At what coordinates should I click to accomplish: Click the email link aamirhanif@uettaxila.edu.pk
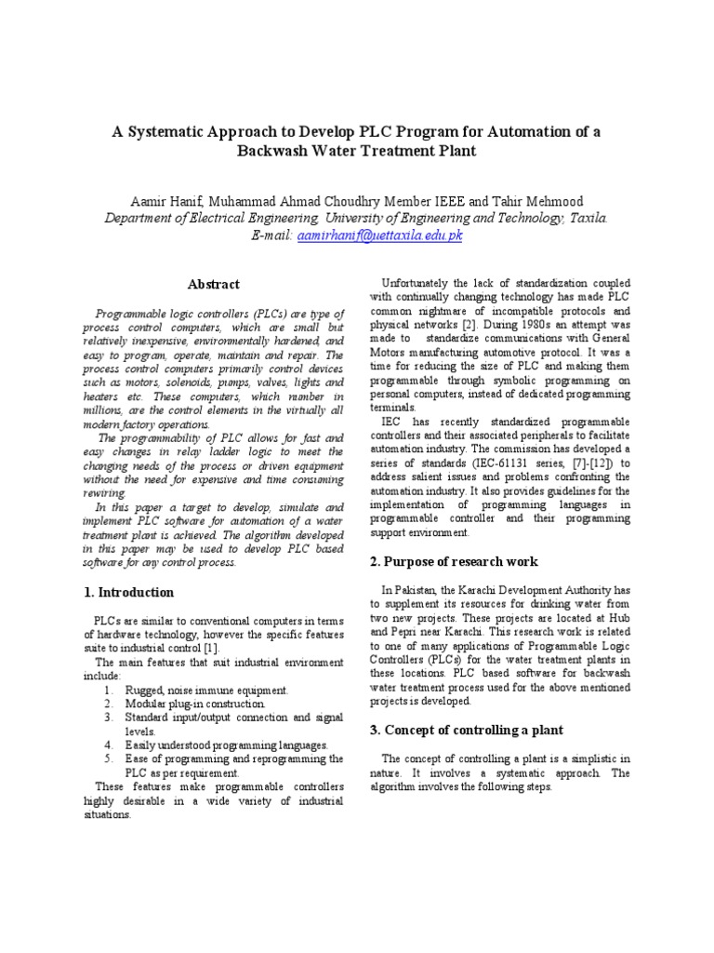[379, 235]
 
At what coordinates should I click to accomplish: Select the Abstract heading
[214, 284]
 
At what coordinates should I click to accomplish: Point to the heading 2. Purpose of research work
[454, 561]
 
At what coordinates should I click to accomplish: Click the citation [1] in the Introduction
[211, 648]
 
